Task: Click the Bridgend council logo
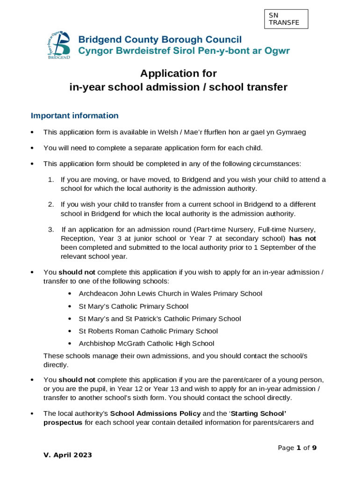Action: (58, 45)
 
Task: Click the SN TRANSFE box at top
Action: (286, 19)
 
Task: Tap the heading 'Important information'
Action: (74, 116)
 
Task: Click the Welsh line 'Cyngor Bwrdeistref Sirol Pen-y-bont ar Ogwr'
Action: (183, 51)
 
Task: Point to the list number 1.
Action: (50, 180)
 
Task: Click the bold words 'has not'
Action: (302, 238)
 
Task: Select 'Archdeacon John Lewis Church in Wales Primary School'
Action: (170, 294)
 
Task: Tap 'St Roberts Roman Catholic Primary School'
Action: (148, 331)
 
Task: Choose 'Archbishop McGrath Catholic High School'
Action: (146, 344)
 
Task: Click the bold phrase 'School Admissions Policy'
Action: (155, 414)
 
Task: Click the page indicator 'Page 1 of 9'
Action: (297, 448)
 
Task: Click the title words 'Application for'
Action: (179, 73)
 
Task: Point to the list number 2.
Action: (50, 204)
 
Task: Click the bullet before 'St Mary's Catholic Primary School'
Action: (69, 306)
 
